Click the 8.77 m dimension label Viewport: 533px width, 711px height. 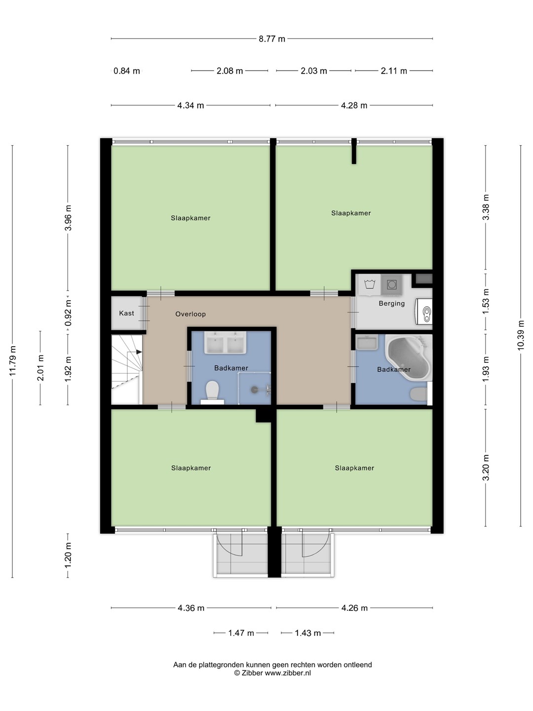272,39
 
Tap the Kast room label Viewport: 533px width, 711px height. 126,313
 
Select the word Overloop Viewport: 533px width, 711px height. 190,314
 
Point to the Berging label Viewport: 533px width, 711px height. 391,304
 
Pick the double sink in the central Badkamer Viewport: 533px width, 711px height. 225,342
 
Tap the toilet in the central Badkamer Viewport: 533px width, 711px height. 212,392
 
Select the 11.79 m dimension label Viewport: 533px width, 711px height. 12,361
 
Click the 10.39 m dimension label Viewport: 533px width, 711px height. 520,335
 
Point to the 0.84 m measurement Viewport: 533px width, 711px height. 126,71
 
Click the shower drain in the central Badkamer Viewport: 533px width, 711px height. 255,390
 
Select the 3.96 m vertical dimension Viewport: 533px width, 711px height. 68,218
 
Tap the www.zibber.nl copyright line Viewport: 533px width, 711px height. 272,673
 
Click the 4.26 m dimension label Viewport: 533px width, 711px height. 354,608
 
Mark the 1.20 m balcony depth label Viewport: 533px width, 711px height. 68,555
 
